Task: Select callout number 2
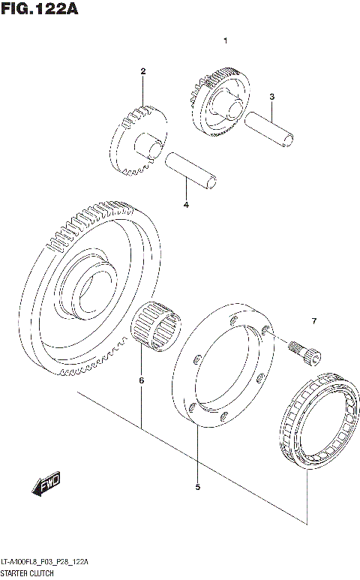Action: click(142, 71)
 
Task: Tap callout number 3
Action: click(272, 97)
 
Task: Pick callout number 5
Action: click(197, 487)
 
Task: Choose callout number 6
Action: click(140, 380)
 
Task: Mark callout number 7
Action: click(313, 322)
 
